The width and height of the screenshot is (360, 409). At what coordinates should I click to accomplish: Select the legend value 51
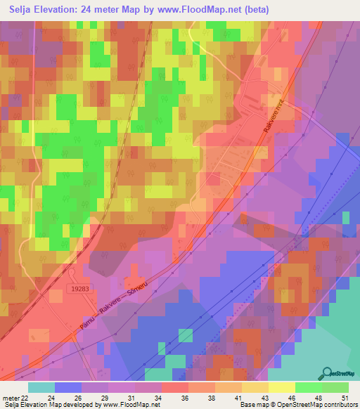tap(345, 398)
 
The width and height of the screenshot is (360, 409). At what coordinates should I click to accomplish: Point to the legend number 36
tap(184, 398)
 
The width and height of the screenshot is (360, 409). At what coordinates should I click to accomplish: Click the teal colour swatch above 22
tap(41, 387)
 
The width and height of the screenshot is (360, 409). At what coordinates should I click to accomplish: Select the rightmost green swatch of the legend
tap(335, 387)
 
